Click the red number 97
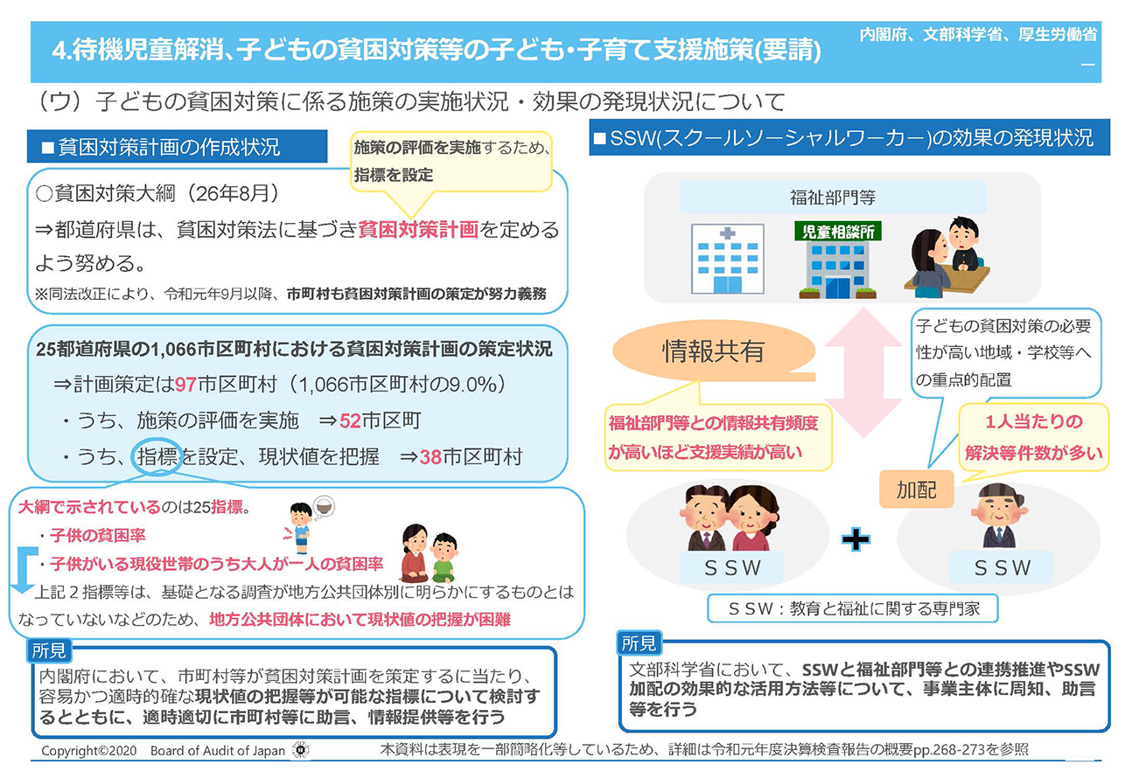pyautogui.click(x=185, y=385)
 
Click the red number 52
pyautogui.click(x=350, y=421)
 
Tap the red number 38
pyautogui.click(x=430, y=457)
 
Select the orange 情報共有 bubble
pyautogui.click(x=713, y=351)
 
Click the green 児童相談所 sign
pyautogui.click(x=838, y=232)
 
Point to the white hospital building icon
pyautogui.click(x=728, y=259)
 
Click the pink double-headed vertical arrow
pyautogui.click(x=863, y=372)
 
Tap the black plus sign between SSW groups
pyautogui.click(x=856, y=539)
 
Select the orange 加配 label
pyautogui.click(x=916, y=490)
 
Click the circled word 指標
pyautogui.click(x=157, y=457)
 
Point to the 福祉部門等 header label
pyautogui.click(x=833, y=198)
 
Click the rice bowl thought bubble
pyautogui.click(x=324, y=507)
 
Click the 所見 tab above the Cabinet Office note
pyautogui.click(x=49, y=651)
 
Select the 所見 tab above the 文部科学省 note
pyautogui.click(x=639, y=643)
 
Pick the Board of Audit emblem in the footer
pyautogui.click(x=301, y=750)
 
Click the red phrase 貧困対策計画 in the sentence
pyautogui.click(x=418, y=229)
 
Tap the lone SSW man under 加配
pyautogui.click(x=999, y=516)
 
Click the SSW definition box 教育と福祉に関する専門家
pyautogui.click(x=852, y=608)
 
